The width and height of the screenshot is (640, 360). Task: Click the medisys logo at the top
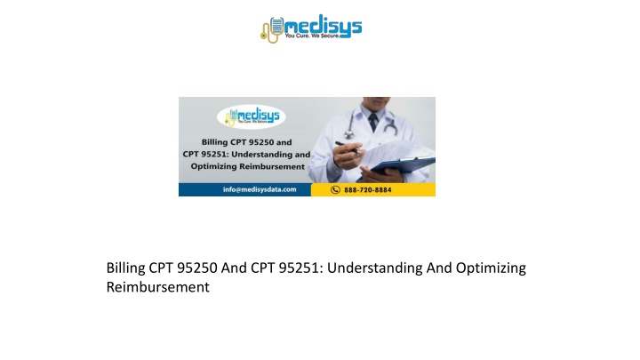[x=311, y=28]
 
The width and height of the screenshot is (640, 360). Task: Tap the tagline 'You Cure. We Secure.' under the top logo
[x=312, y=36]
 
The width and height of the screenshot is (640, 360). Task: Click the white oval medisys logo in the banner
[x=251, y=116]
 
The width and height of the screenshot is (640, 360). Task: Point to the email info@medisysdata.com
[x=260, y=189]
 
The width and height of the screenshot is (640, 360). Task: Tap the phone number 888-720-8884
[x=367, y=190]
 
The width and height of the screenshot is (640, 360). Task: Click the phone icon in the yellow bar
[x=335, y=190]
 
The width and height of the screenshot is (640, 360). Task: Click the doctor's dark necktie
[x=373, y=123]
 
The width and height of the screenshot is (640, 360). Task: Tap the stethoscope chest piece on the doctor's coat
[x=349, y=133]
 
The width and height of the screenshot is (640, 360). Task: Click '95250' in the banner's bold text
[x=260, y=142]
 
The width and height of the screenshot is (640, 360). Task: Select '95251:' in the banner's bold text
[x=215, y=155]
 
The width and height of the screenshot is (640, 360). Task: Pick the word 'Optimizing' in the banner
[x=213, y=167]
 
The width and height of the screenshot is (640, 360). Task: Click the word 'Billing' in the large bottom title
[x=125, y=268]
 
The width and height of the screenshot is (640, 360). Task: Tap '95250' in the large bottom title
[x=197, y=268]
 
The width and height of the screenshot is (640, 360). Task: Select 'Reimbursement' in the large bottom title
[x=158, y=287]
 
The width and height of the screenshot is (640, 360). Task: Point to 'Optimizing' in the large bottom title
[x=491, y=268]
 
